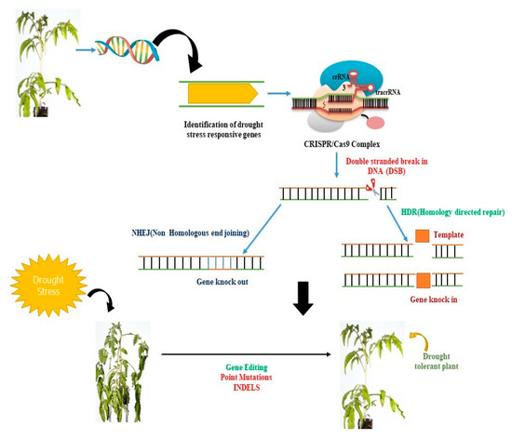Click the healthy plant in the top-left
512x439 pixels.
click(43, 62)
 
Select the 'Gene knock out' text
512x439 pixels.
click(193, 280)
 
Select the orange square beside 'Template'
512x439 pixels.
click(422, 236)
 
